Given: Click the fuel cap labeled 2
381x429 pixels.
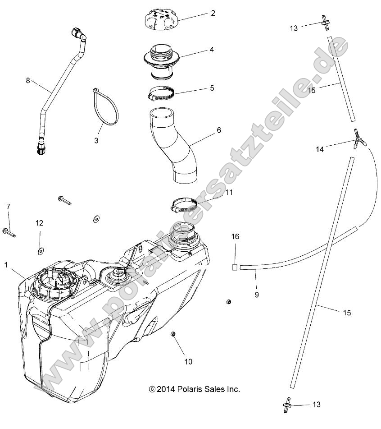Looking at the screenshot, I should coord(161,21).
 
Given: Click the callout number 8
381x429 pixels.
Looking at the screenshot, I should coord(28,81).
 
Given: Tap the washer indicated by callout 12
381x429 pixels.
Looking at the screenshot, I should coord(40,249).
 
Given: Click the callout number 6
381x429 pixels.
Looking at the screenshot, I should coord(219,130).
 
